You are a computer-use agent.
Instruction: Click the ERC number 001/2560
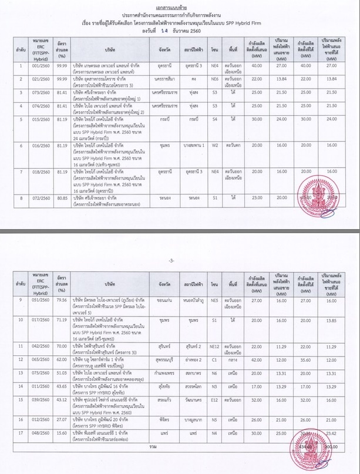41,66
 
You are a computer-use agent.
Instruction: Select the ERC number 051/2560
41,300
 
